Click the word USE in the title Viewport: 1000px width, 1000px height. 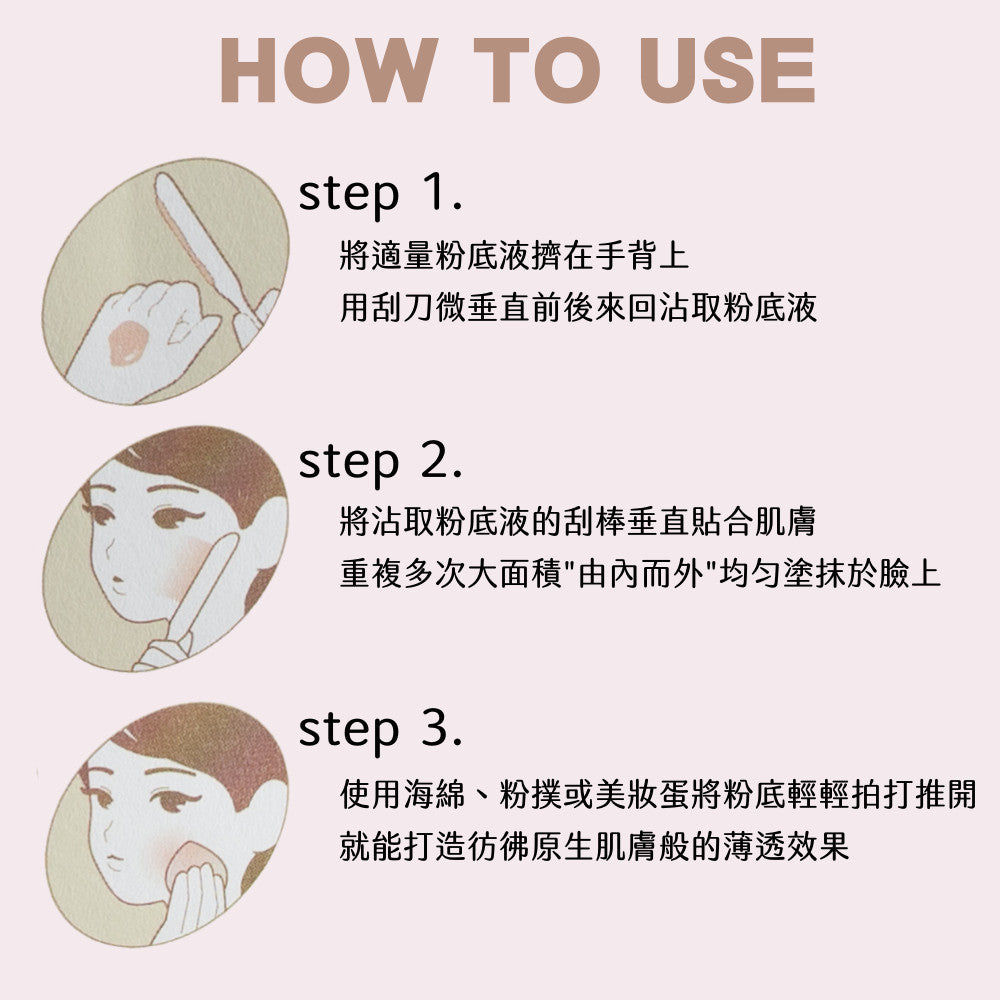727,70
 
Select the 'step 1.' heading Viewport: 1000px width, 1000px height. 380,194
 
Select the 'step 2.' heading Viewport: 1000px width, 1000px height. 380,461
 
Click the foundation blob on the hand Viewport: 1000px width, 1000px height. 126,342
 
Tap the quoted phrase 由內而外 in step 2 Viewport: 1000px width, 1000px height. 641,573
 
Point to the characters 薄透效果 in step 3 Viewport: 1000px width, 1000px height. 785,848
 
